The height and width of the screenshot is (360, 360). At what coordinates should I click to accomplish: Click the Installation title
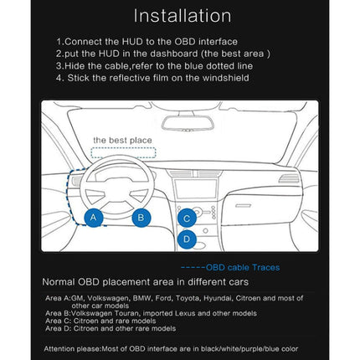pos(183,16)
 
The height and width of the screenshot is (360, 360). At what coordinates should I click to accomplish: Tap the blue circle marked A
pos(95,218)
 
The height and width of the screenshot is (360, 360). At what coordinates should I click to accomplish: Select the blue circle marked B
pos(141,218)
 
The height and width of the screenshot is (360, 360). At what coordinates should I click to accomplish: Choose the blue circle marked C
pos(188,218)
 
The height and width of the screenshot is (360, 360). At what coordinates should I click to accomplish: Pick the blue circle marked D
pos(188,239)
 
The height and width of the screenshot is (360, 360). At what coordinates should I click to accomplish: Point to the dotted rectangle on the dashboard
pos(116,154)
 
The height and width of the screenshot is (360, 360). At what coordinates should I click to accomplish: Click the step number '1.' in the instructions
pos(59,40)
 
